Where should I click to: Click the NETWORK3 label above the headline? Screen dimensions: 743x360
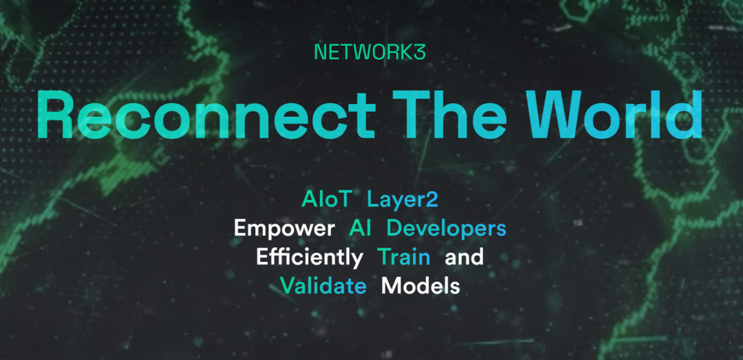coord(370,52)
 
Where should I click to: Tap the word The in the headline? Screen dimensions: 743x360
coord(456,114)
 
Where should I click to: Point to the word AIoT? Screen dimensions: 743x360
coord(327,200)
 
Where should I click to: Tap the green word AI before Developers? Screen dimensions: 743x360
coord(360,229)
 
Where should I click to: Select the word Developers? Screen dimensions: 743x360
coord(446,230)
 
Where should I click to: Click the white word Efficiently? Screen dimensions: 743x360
coord(310,258)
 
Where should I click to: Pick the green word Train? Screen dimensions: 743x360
coord(404,257)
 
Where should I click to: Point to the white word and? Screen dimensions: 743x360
coord(464,257)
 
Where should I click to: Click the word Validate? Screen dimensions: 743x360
coord(323,286)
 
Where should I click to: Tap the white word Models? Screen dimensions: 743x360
coord(421,286)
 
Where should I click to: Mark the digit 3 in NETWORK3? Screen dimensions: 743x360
coord(421,52)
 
